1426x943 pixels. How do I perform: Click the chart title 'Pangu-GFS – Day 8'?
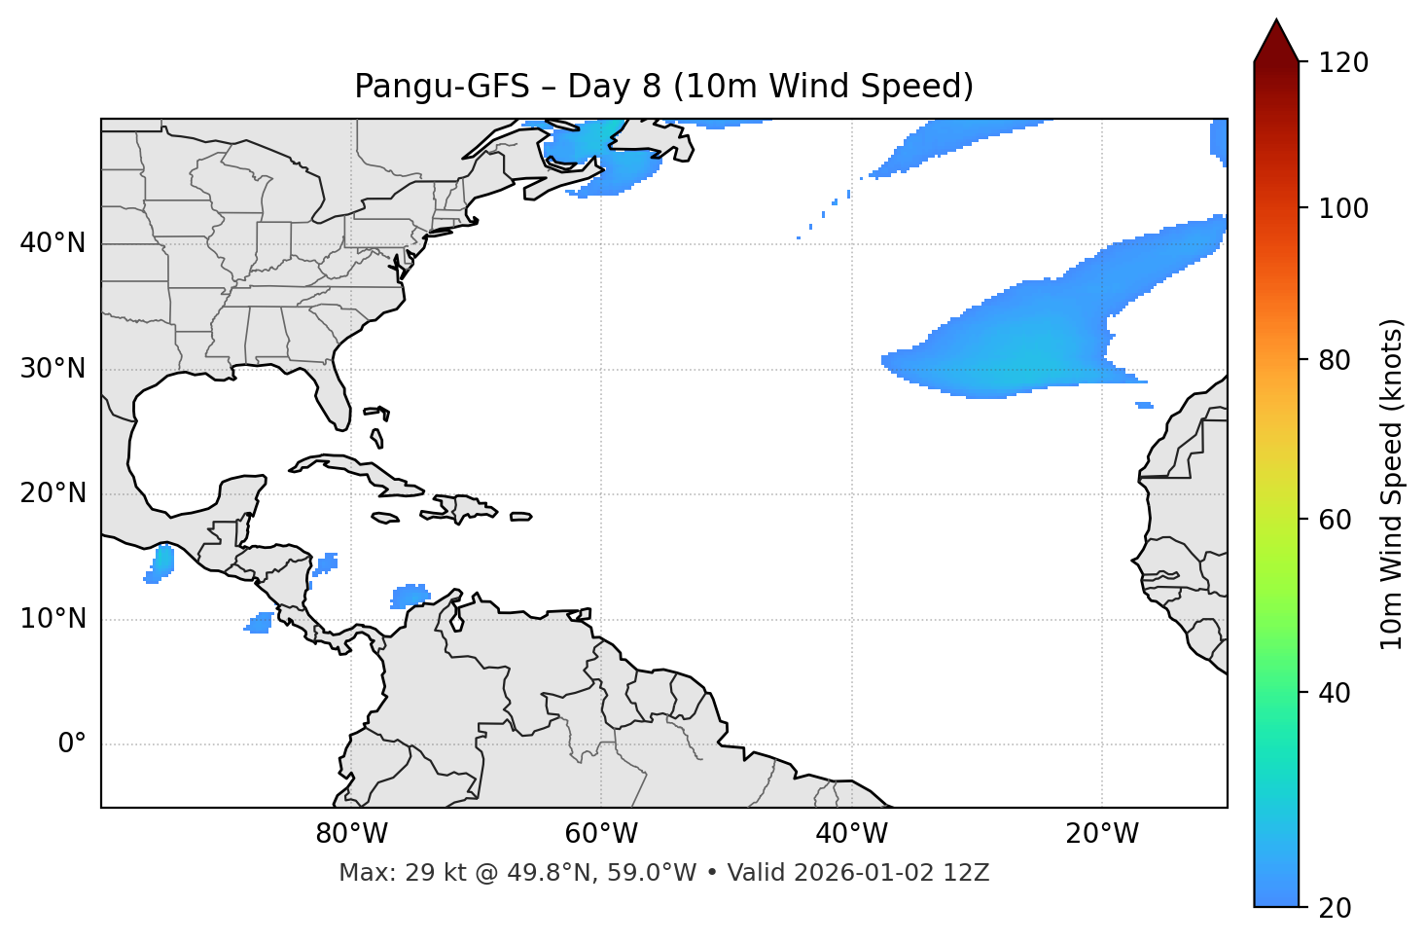pos(663,87)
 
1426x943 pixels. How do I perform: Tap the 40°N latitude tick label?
pos(53,243)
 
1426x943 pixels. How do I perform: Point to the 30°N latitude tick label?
pos(53,369)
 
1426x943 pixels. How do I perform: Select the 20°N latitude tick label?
pos(53,493)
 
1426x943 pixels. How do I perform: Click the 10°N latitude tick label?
pos(53,619)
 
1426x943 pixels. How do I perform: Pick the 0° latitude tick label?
pos(71,744)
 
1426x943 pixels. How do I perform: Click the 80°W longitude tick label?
pos(351,834)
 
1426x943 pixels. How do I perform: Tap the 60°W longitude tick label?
pos(601,834)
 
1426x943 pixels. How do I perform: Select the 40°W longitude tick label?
pos(852,834)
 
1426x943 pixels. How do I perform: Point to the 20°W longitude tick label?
pos(1102,834)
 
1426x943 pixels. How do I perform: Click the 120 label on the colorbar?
pos(1343,63)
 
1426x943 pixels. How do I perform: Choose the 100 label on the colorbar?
pos(1343,208)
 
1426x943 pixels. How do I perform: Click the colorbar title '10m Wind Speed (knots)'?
pos(1392,484)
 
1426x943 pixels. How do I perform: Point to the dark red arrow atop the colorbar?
pos(1276,41)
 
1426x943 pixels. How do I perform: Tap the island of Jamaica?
pos(385,518)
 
